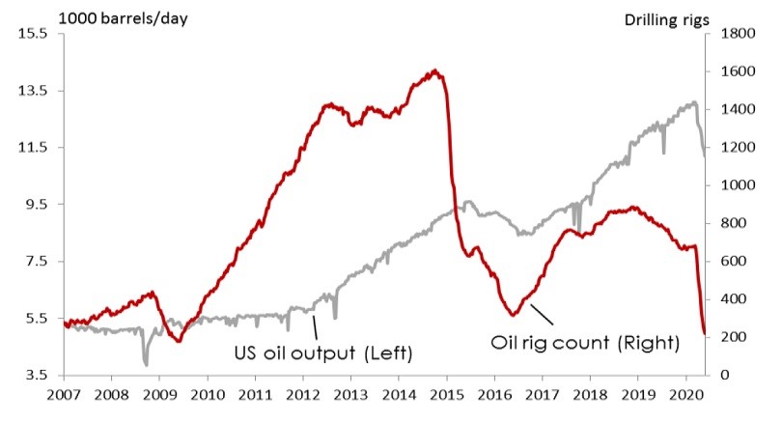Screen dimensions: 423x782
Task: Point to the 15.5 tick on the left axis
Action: coord(34,34)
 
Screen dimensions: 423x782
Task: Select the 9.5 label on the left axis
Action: coord(37,205)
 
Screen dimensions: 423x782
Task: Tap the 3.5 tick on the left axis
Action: coord(37,375)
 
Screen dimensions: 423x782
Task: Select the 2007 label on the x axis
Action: coord(64,395)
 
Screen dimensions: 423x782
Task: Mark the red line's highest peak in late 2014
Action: coord(435,70)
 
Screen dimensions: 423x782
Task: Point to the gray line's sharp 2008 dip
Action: coord(146,364)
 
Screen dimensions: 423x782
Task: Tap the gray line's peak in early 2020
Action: coord(695,102)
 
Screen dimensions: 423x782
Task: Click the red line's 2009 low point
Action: coord(180,341)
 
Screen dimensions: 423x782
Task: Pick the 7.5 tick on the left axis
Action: coord(37,262)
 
